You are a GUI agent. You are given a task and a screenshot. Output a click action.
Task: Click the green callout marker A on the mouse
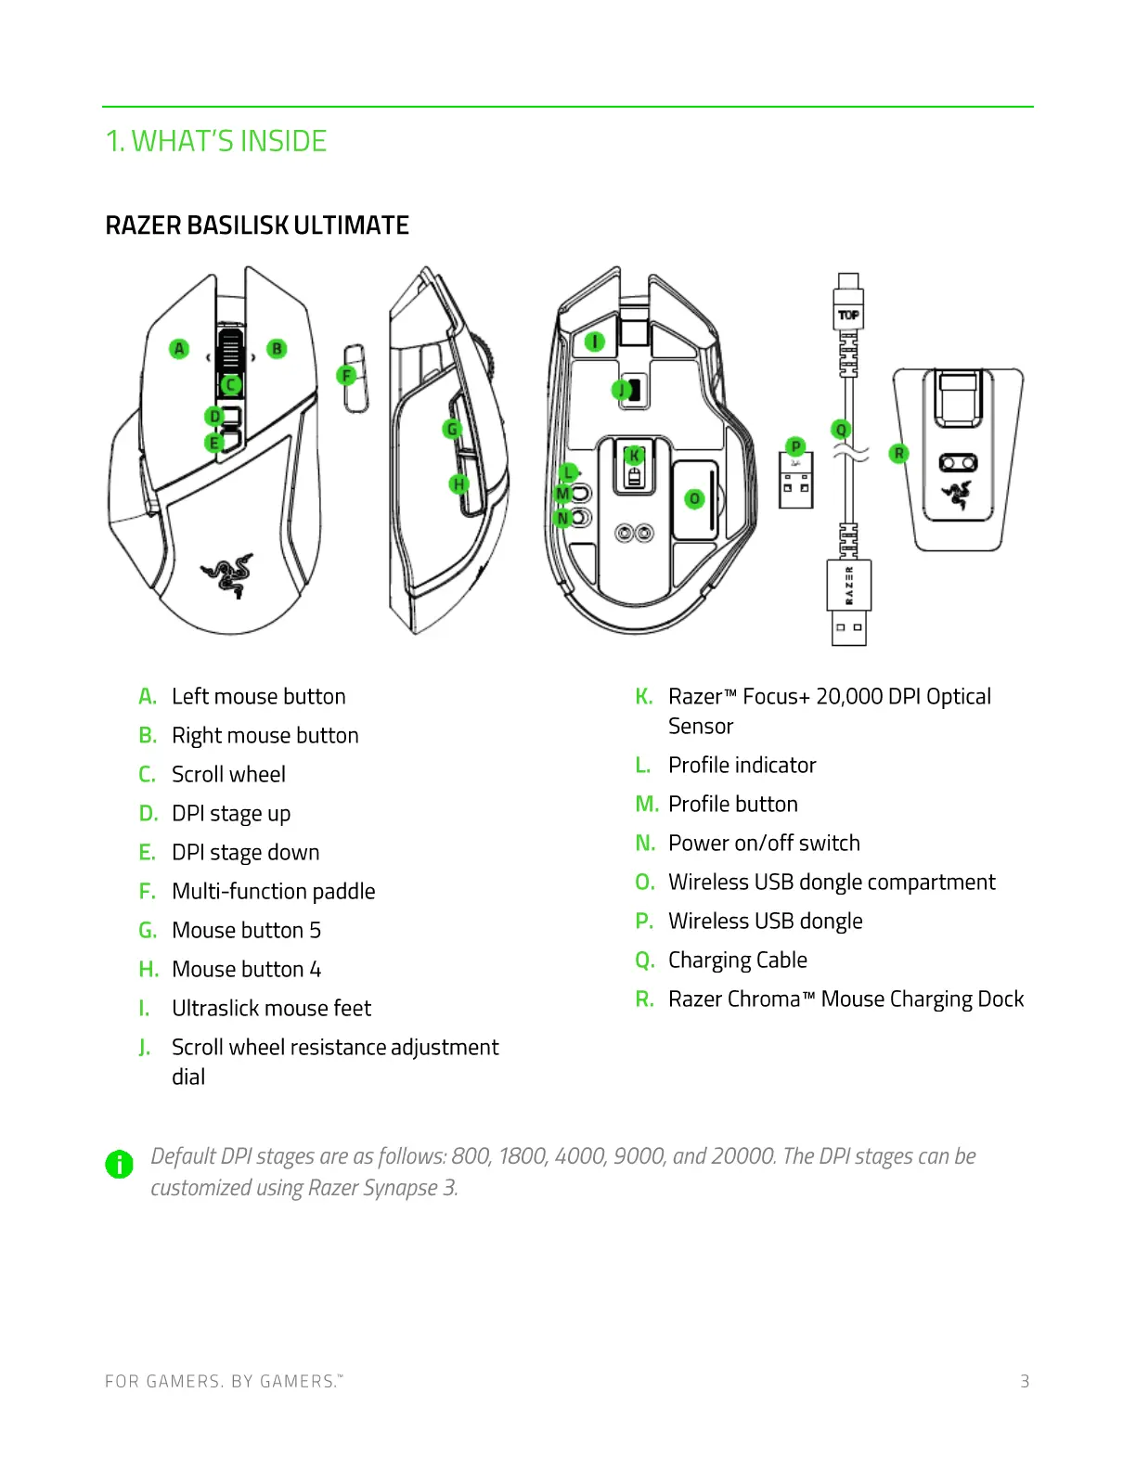tap(179, 349)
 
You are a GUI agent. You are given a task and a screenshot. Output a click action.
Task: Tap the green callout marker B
tap(277, 349)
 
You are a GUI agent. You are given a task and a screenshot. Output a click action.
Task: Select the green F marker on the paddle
tap(346, 376)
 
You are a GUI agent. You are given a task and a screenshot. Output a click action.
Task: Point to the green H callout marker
tap(458, 484)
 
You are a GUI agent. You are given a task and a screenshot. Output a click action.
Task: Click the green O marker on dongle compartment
tap(694, 499)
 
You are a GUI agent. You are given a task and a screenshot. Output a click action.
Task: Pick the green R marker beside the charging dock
tap(898, 453)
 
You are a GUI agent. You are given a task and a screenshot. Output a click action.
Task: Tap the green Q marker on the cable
tap(842, 430)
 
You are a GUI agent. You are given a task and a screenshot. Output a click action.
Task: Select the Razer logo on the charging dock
tap(957, 495)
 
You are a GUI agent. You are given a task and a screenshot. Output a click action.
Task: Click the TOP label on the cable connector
tap(848, 316)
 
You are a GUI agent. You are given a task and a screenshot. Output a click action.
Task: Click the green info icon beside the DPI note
tap(120, 1164)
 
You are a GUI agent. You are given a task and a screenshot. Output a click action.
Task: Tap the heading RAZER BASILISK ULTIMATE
tap(257, 226)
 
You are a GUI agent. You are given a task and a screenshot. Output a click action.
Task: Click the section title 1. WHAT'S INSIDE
tap(216, 141)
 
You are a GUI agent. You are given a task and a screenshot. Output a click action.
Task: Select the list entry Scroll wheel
tap(228, 774)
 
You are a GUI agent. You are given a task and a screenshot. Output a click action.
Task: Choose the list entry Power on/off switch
tap(764, 843)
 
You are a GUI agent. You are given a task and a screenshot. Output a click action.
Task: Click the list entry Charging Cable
tap(738, 960)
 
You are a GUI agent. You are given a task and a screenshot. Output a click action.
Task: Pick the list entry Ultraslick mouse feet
tap(271, 1008)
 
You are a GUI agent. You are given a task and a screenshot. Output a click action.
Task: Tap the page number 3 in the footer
tap(1025, 1381)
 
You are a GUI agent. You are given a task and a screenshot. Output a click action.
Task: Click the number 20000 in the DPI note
tap(742, 1156)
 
